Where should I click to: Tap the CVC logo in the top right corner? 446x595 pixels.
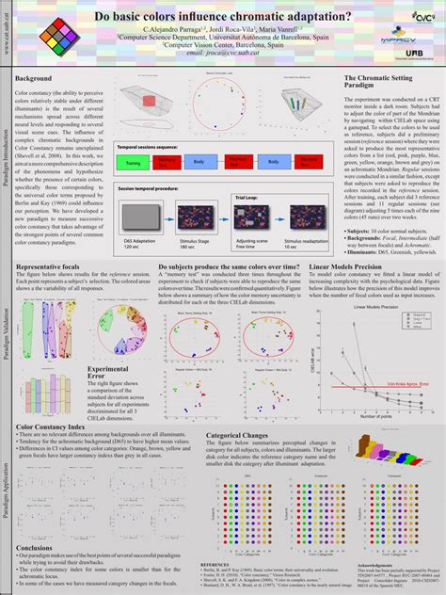click(x=410, y=17)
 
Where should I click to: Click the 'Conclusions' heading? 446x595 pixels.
click(x=35, y=548)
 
